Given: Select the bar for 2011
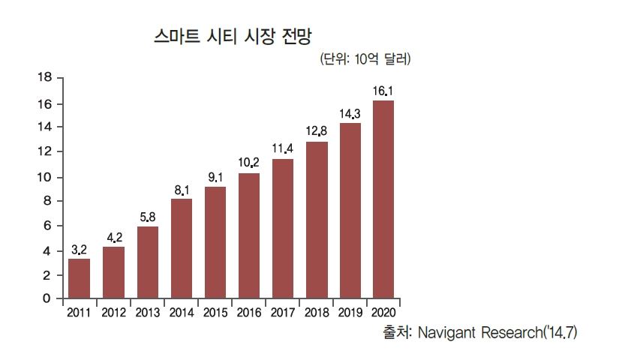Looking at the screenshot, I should coord(79,278).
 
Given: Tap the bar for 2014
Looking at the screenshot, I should coord(182,248).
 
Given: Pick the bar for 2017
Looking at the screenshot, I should coord(283,229).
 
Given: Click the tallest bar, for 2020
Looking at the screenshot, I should coord(383,199).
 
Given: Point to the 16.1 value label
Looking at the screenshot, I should coord(383,91).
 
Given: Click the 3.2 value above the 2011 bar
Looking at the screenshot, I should coord(79,248).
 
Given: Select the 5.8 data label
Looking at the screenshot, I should coord(148,217).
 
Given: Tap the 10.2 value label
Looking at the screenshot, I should coord(249,163).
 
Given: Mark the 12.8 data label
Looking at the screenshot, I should coord(317,131).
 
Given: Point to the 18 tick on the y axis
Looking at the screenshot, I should coord(44,78).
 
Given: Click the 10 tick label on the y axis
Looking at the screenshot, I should coord(44,177).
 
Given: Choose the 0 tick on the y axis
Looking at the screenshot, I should coord(47,299).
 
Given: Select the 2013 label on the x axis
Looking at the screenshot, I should coord(148,312).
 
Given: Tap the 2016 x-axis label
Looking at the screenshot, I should coord(249,312).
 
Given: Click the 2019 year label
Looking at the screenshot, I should coord(350,312).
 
